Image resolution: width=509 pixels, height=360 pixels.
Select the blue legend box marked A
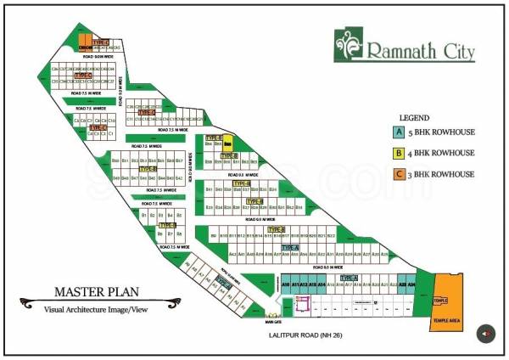click(397, 132)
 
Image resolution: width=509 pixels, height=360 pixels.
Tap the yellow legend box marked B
click(397, 154)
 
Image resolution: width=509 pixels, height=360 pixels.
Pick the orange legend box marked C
click(397, 174)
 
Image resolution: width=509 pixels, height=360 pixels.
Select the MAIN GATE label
click(272, 322)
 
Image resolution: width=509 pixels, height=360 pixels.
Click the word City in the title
click(455, 51)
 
